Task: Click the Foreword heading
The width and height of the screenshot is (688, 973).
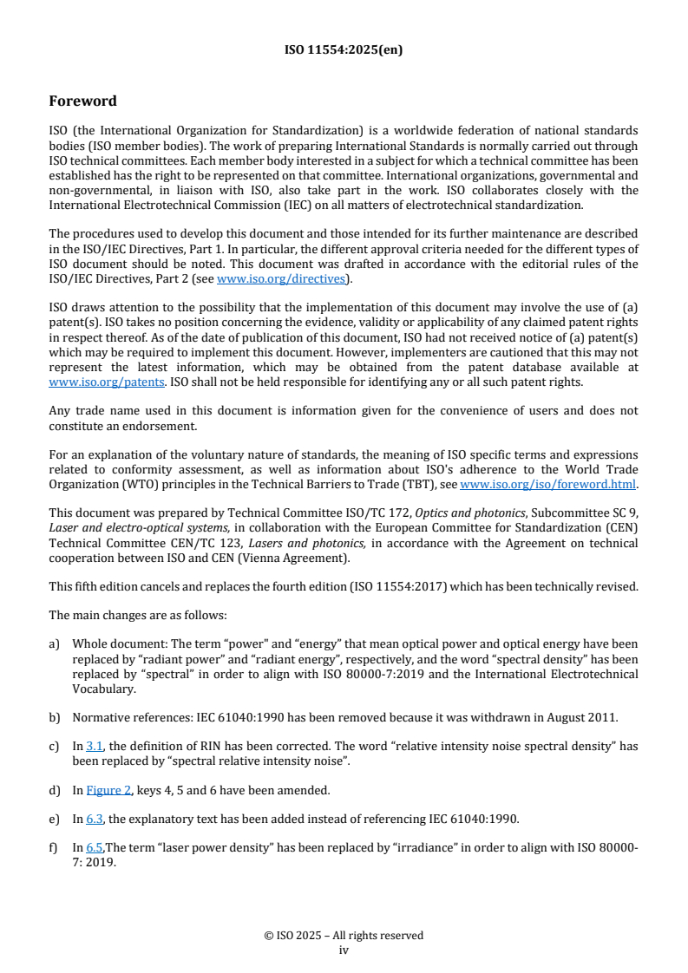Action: click(x=82, y=101)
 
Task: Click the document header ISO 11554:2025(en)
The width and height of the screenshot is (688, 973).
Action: click(x=344, y=50)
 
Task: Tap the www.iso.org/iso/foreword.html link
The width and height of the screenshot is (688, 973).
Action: click(x=548, y=484)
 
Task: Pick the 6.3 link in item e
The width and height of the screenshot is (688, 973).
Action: click(x=95, y=819)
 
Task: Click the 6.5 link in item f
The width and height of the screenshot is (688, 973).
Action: click(x=95, y=847)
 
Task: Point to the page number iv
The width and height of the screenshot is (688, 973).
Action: click(x=344, y=950)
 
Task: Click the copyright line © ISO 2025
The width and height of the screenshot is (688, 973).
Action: click(x=344, y=936)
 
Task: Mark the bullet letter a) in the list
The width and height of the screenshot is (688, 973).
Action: click(x=55, y=643)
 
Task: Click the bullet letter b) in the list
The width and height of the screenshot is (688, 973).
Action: click(x=55, y=717)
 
